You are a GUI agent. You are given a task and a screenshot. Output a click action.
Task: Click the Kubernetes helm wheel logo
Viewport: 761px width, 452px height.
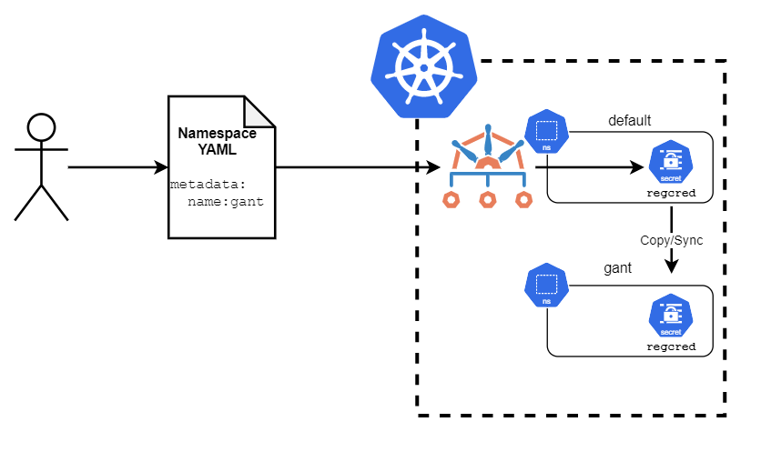coord(424,66)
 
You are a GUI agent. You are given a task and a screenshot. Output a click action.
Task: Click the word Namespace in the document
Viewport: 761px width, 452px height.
coord(217,133)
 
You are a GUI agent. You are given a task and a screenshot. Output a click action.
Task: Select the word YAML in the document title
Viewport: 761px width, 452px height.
coord(217,150)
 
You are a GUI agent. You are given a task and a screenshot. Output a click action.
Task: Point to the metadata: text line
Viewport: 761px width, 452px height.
coord(208,185)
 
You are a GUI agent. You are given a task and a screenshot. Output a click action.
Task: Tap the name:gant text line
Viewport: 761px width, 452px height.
coord(225,202)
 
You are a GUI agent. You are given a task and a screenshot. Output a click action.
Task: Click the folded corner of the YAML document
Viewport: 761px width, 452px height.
coord(259,111)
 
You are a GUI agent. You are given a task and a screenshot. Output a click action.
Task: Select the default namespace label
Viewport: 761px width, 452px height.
coord(629,120)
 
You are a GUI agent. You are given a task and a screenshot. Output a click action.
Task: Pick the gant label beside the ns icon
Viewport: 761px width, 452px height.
coord(618,269)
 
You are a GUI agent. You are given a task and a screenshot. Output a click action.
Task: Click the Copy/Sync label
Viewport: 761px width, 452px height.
coord(672,240)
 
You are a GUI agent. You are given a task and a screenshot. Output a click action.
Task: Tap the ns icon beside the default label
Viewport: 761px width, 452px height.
coord(546,132)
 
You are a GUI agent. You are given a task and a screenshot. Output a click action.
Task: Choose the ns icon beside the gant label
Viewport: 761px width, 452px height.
coord(546,285)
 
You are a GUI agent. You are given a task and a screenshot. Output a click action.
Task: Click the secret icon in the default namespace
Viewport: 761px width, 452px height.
coord(671,163)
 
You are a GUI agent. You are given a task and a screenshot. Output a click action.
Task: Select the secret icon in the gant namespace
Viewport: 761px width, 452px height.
coord(671,316)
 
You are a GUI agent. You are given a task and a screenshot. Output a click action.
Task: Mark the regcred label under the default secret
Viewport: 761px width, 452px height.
coord(671,194)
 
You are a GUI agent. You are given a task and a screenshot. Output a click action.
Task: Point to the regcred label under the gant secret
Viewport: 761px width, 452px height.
coord(671,347)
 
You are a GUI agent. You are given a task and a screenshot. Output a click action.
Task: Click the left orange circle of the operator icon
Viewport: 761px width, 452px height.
coord(452,199)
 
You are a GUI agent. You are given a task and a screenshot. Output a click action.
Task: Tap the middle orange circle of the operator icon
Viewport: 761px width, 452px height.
coord(488,199)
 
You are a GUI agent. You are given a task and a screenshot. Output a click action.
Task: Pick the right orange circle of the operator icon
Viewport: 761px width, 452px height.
coord(523,199)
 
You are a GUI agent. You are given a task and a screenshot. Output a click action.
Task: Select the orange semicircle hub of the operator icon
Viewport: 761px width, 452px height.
coord(488,164)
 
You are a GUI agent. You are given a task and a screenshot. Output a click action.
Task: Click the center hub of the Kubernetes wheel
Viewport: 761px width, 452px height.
coord(424,65)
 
